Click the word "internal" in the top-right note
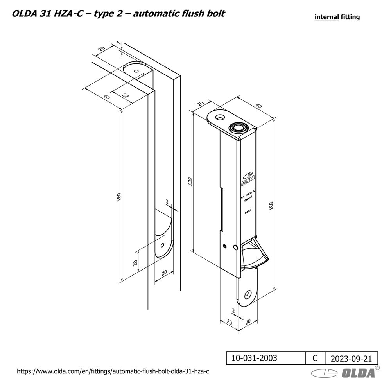point(326,17)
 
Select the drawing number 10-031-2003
point(255,358)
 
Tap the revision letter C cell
point(315,358)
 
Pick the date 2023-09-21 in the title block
point(351,358)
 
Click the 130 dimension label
point(190,181)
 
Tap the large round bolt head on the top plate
point(238,127)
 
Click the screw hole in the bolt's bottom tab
point(248,294)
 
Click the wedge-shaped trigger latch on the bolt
point(254,256)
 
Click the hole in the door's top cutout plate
point(136,71)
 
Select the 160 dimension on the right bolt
point(271,205)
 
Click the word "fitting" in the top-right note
point(350,17)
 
